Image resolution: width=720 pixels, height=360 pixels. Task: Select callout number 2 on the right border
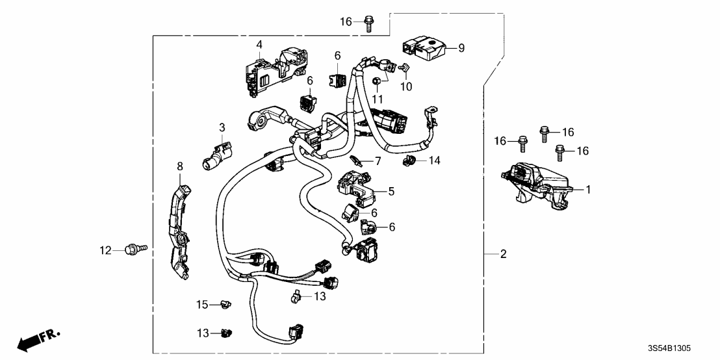coord(502,255)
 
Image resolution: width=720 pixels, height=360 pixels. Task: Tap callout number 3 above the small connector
coord(222,127)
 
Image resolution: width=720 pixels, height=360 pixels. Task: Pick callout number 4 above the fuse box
coord(259,45)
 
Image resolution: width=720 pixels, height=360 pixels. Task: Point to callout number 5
coord(391,191)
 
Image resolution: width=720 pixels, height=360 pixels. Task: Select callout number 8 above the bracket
coord(180,167)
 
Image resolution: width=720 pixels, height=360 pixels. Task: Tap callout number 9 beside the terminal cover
coord(461,47)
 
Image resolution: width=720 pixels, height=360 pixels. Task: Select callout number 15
coord(203,304)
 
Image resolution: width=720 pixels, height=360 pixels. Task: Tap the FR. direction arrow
coord(36,341)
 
